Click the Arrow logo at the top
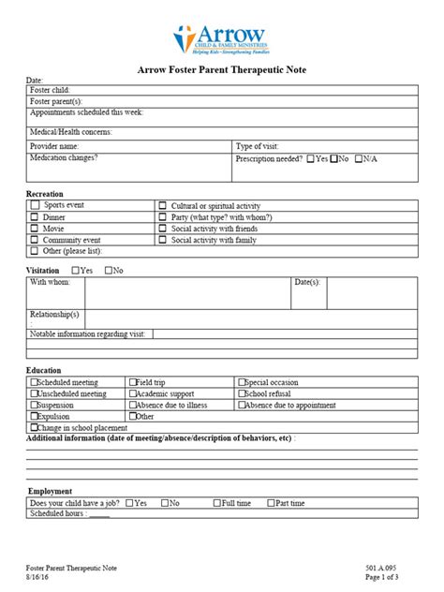pyautogui.click(x=221, y=39)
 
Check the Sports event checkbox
pyautogui.click(x=35, y=203)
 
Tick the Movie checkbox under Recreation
pyautogui.click(x=35, y=228)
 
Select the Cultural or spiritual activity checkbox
pyautogui.click(x=162, y=204)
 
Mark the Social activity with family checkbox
pyautogui.click(x=162, y=240)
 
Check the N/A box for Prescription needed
pyautogui.click(x=360, y=158)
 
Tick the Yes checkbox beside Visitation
pyautogui.click(x=75, y=270)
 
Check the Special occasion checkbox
pyautogui.click(x=242, y=382)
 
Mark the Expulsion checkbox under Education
pyautogui.click(x=34, y=416)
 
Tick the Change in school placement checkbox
pyautogui.click(x=34, y=427)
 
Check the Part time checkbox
pyautogui.click(x=271, y=503)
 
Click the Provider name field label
pyautogui.click(x=54, y=146)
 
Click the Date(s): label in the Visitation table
pyautogui.click(x=307, y=281)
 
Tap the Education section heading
pyautogui.click(x=45, y=370)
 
